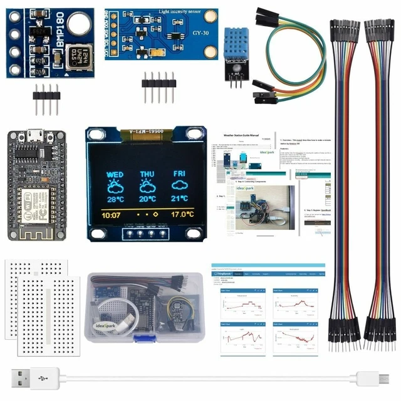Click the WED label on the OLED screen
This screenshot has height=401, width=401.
tap(115, 175)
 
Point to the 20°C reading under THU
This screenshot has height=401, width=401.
tap(147, 199)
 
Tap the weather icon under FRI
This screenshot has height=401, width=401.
tap(180, 186)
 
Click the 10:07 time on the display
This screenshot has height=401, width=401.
tap(111, 215)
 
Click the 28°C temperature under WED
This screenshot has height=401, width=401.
tap(115, 199)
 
